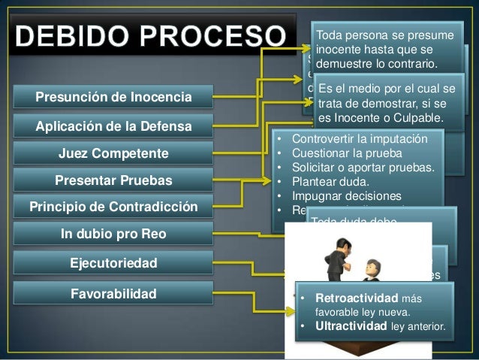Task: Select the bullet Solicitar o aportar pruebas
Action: [363, 167]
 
